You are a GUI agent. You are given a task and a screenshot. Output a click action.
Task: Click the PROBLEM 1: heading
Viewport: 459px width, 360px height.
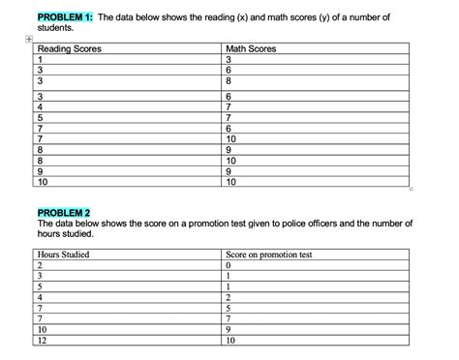tap(63, 18)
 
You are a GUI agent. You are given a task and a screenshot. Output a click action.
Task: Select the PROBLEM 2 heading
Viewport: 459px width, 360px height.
tap(63, 212)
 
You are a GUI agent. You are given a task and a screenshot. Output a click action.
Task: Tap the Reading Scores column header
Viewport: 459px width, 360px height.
tap(68, 48)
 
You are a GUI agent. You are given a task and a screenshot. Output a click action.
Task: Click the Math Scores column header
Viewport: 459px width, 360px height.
tap(250, 48)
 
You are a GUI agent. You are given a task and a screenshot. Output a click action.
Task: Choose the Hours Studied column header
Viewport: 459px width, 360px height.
tap(63, 255)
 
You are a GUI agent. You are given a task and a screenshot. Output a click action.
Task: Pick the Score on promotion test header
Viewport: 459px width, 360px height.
tap(268, 255)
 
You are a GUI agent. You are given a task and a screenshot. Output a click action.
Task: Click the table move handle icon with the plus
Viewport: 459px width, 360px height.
tap(30, 41)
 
